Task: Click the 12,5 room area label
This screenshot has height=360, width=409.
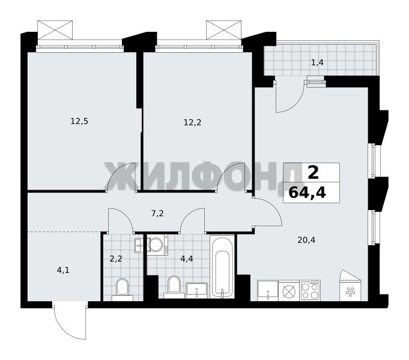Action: (x=79, y=121)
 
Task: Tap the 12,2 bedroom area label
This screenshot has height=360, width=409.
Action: (x=193, y=122)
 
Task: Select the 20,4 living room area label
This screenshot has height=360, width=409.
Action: (x=306, y=240)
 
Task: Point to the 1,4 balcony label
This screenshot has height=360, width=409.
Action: (x=317, y=62)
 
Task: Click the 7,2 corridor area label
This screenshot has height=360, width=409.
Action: (x=157, y=214)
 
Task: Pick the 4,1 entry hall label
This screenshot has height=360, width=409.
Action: (x=63, y=270)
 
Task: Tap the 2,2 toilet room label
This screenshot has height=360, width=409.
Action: (x=116, y=259)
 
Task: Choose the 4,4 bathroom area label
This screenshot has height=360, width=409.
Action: (x=187, y=259)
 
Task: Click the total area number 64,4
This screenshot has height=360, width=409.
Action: (x=308, y=193)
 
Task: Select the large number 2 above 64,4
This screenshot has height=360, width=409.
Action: (x=313, y=173)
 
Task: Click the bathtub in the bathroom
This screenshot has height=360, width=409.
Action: (x=222, y=266)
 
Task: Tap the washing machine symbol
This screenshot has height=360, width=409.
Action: (x=157, y=245)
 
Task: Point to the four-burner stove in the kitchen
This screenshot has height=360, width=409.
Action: (x=310, y=290)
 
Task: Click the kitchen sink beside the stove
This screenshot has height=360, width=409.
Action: (x=268, y=290)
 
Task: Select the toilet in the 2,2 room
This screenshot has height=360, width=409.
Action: (x=123, y=290)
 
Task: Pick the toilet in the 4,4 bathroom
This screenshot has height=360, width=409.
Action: (x=174, y=287)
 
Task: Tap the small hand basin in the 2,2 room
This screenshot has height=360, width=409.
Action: (x=139, y=245)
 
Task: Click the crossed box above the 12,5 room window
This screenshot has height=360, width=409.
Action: (x=55, y=30)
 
